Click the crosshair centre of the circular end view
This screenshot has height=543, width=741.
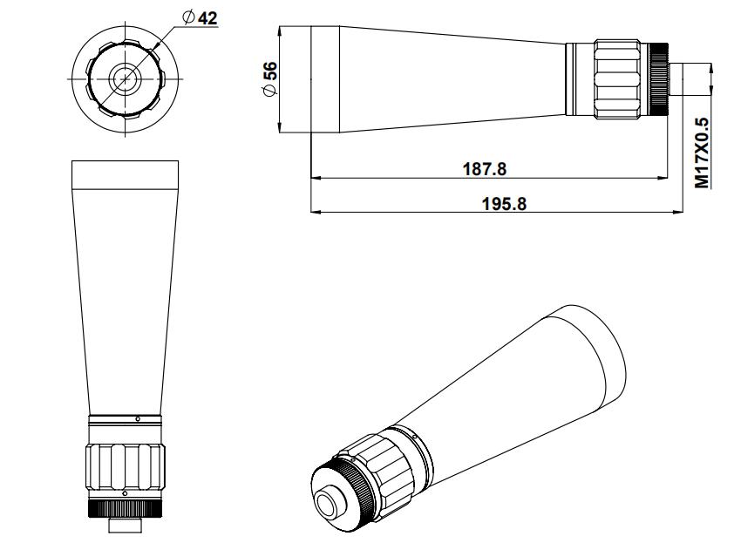[126, 79]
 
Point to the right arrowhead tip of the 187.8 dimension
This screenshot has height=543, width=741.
[668, 178]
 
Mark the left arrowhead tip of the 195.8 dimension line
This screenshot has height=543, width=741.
[311, 212]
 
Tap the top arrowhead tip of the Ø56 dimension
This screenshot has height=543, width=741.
[280, 26]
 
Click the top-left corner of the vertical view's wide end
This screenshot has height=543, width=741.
[71, 161]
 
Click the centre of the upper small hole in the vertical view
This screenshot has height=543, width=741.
[138, 418]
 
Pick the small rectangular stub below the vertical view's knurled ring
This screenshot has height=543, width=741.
[126, 525]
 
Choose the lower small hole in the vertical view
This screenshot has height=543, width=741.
[125, 493]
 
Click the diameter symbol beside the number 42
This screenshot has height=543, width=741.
[188, 17]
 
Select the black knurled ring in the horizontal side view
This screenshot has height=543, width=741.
[659, 79]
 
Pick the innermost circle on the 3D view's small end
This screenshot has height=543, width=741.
[327, 506]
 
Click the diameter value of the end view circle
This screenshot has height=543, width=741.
[208, 18]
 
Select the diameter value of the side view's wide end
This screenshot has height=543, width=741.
[270, 71]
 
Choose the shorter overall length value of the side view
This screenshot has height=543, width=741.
[485, 169]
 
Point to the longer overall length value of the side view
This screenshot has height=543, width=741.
[504, 204]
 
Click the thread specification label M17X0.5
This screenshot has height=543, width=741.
[703, 153]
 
